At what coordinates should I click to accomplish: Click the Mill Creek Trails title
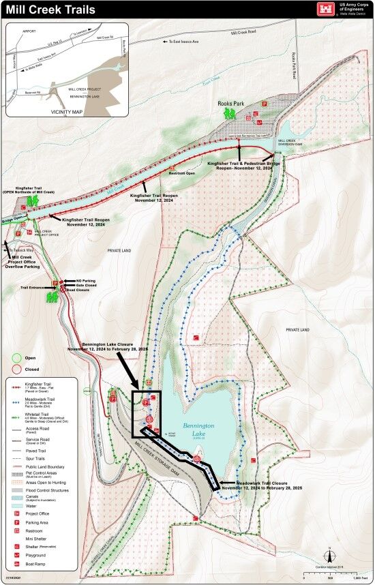tap(50, 10)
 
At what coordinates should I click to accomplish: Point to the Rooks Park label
tap(230, 104)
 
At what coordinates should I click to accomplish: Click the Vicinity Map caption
tap(67, 110)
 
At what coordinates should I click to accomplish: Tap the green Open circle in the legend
tap(17, 357)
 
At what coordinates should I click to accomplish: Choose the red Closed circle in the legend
tap(17, 369)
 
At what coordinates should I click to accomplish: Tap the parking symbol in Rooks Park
tap(264, 104)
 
